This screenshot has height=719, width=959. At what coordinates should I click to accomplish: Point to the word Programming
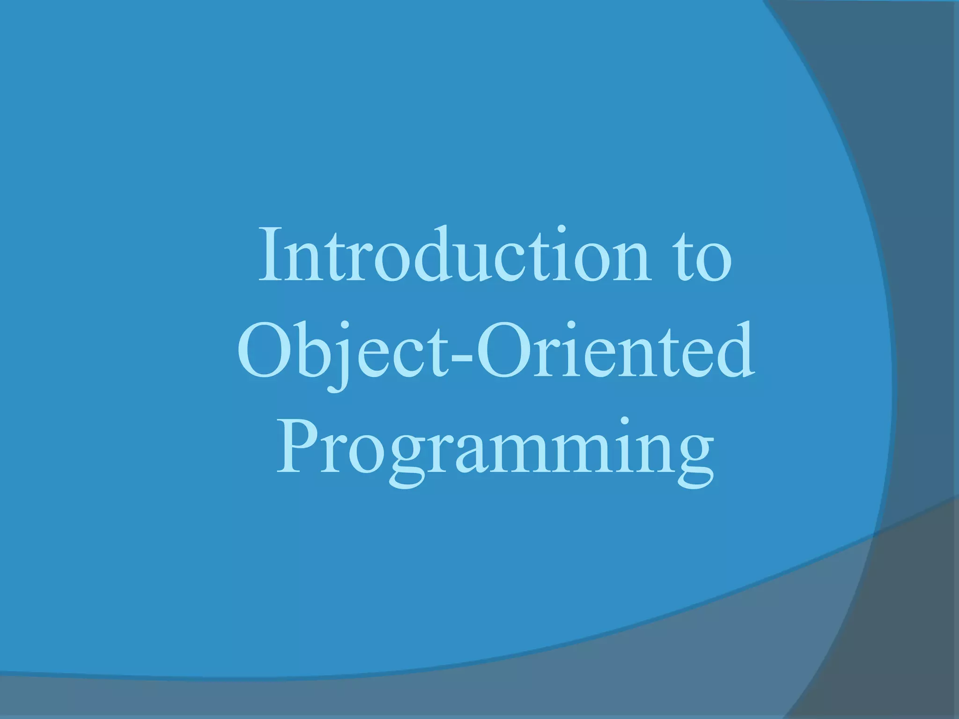click(x=495, y=449)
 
